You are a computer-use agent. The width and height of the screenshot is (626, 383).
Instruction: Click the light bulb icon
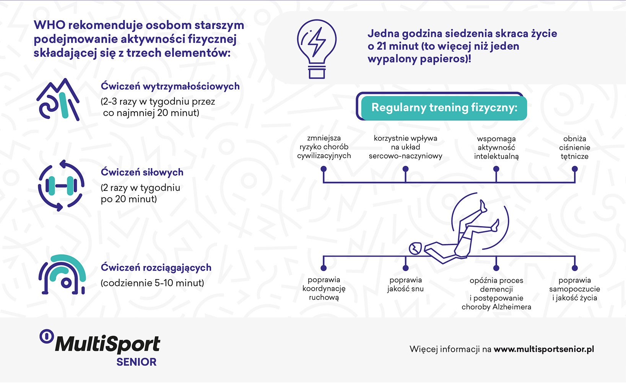coord(317,49)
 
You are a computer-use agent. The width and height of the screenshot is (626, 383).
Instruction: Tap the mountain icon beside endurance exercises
coord(58,99)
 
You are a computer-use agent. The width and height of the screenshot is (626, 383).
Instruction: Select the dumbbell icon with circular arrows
coord(61,185)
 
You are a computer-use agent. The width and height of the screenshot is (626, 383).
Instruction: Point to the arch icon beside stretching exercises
coord(62,275)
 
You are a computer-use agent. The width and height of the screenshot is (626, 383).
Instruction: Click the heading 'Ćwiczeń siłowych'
coord(142,172)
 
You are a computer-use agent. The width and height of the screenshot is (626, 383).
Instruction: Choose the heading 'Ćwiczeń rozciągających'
coord(156,267)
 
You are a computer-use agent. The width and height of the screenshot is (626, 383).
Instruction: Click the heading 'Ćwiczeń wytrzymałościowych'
coord(170,86)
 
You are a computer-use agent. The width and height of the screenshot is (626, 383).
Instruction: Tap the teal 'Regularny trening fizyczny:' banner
coord(444,108)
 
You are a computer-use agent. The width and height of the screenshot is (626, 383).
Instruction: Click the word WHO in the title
coord(49,25)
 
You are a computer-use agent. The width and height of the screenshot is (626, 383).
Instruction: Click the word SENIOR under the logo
coord(137,362)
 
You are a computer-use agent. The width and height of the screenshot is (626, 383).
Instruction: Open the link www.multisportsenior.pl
coord(544,349)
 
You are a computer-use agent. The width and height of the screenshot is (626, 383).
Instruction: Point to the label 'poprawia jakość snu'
coord(405,284)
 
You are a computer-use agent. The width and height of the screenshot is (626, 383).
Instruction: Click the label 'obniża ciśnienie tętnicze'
coord(575,147)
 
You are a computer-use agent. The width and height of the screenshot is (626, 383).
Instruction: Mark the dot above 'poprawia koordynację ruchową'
coord(324,268)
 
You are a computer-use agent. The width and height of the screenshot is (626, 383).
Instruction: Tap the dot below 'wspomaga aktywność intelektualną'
coord(496,169)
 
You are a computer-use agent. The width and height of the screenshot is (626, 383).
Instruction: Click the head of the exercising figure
coord(415,248)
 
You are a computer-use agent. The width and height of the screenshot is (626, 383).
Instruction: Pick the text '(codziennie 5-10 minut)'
coord(152,283)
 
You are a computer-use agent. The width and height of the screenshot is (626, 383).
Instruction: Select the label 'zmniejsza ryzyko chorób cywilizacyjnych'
coord(324,147)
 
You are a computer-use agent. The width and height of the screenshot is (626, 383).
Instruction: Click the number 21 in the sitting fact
coord(382,46)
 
